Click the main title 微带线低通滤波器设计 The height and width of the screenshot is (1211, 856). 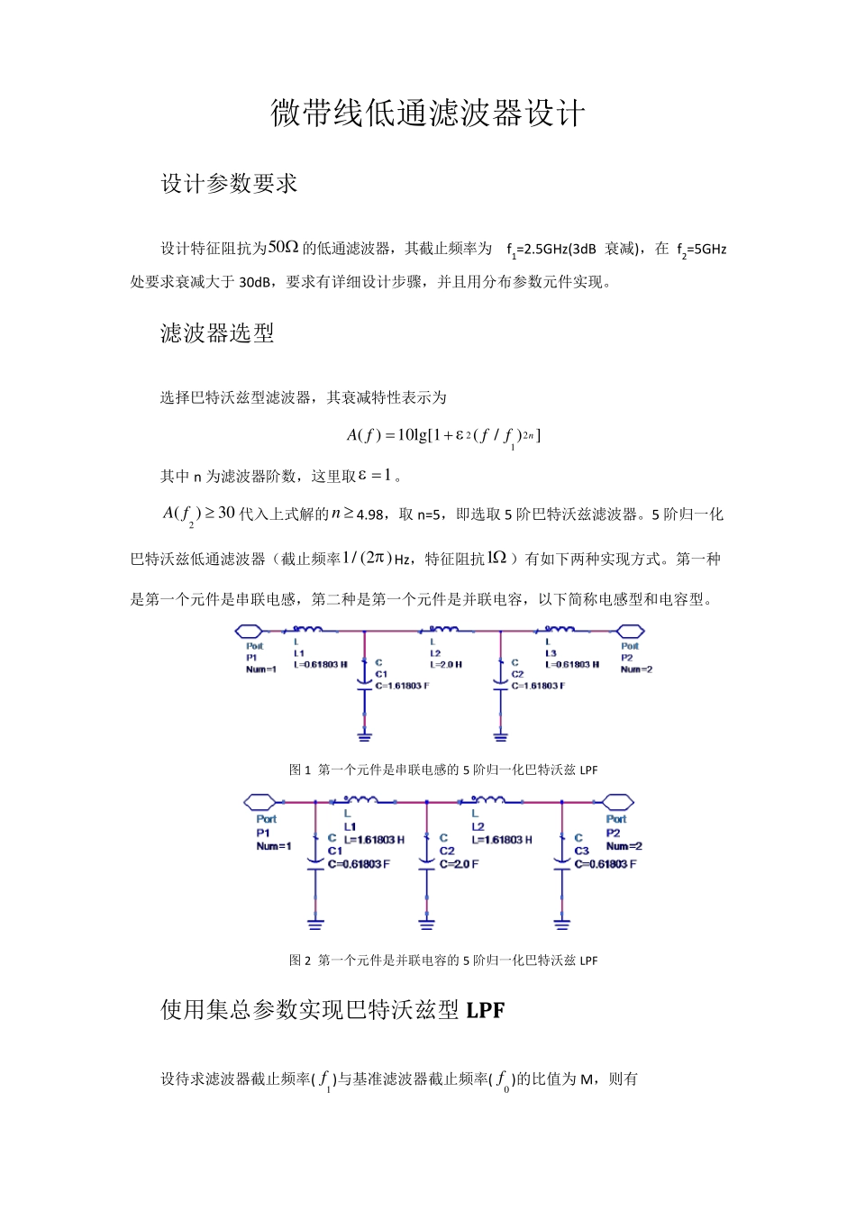click(428, 114)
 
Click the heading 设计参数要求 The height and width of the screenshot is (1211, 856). click(229, 184)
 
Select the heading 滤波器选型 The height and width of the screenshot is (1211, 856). click(217, 333)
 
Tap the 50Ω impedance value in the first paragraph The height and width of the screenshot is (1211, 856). click(284, 247)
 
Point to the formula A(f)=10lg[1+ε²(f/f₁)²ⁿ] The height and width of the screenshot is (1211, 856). click(442, 436)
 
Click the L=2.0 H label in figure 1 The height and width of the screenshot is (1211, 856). click(447, 665)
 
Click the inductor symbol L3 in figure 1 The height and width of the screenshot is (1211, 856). click(559, 629)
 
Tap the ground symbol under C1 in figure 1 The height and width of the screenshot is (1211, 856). click(364, 734)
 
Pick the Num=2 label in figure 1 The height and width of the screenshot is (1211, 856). click(636, 669)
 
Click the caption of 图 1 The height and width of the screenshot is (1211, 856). click(442, 769)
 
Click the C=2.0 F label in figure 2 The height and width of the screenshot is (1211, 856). click(460, 864)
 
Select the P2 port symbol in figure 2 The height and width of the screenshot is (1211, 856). click(617, 800)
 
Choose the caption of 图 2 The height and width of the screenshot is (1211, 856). click(442, 961)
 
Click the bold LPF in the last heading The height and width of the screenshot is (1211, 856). click(486, 1011)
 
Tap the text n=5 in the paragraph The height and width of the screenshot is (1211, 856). click(429, 515)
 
